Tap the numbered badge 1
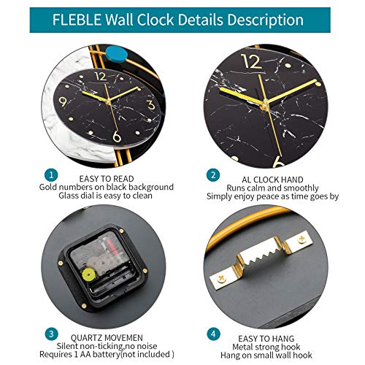tap(50, 175)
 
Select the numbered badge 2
tap(213, 175)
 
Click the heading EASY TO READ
tap(106, 177)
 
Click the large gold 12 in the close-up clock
tap(250, 63)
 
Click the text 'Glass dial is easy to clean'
tap(106, 196)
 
